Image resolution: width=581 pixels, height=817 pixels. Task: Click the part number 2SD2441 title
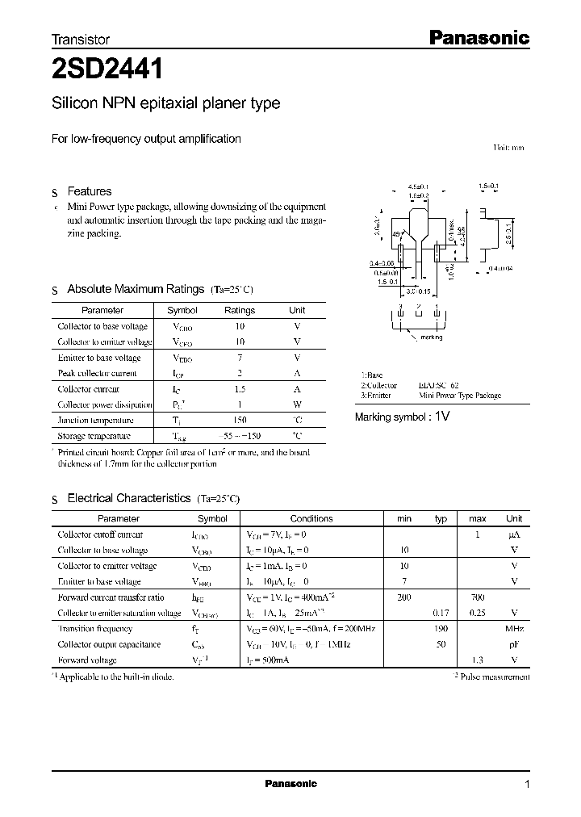[x=107, y=70]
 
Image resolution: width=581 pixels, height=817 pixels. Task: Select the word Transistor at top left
[x=80, y=39]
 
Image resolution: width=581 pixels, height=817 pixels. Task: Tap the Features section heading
[x=89, y=191]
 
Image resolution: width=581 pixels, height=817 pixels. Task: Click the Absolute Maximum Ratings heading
[x=136, y=289]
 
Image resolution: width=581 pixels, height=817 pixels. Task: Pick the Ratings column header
[x=239, y=310]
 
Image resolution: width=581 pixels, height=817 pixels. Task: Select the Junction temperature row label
[x=96, y=420]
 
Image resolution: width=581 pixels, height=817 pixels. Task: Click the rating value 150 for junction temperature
[x=239, y=420]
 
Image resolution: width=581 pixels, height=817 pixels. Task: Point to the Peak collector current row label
[x=97, y=373]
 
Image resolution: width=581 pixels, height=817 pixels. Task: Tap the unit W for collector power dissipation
[x=297, y=404]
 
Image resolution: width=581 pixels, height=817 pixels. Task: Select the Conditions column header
[x=311, y=518]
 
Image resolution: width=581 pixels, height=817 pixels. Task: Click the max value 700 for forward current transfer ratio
[x=477, y=597]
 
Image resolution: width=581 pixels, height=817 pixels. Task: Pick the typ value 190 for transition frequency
[x=441, y=628]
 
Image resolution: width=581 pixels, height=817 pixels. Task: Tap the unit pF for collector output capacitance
[x=513, y=644]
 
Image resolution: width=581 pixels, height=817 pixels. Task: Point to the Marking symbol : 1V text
[x=402, y=417]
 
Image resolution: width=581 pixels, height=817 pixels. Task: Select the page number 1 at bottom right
[x=527, y=784]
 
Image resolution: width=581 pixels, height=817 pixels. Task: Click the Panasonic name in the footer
[x=291, y=784]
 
